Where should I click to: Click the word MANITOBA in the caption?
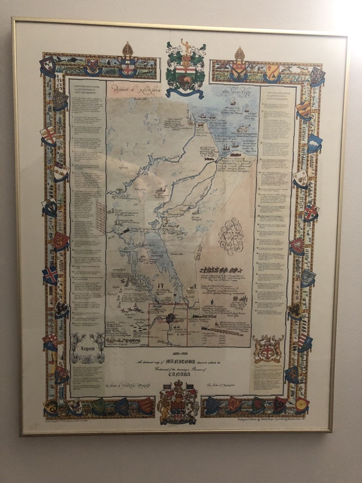(x=176, y=362)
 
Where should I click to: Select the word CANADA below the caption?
(x=179, y=374)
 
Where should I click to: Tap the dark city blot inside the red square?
(x=169, y=318)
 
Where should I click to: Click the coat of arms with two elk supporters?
(x=268, y=349)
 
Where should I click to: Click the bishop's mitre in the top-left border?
(x=128, y=52)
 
